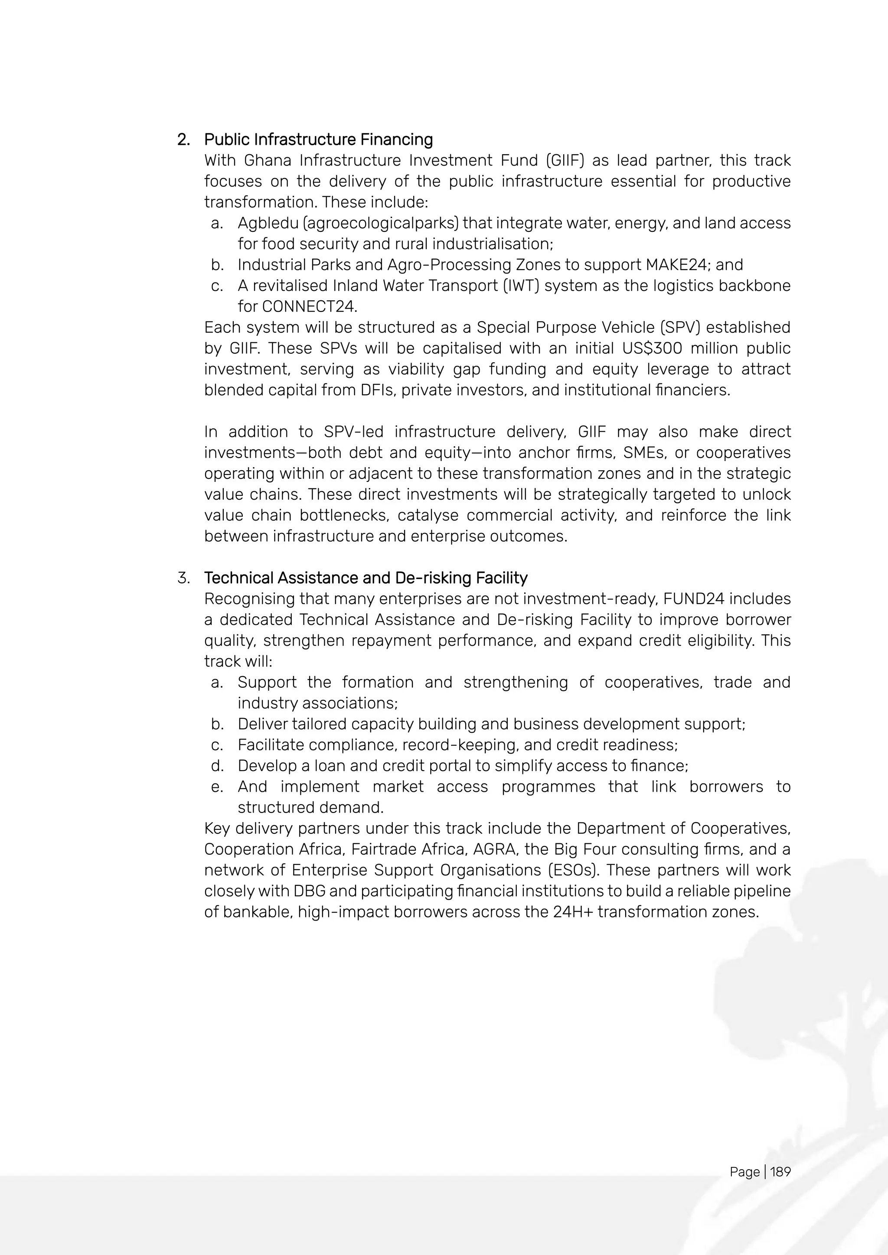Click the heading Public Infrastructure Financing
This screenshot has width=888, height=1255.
[318, 140]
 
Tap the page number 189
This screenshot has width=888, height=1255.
[780, 1171]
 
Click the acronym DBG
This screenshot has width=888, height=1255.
[309, 891]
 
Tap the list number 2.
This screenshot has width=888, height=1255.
[183, 140]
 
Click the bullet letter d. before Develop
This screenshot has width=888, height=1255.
[217, 766]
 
